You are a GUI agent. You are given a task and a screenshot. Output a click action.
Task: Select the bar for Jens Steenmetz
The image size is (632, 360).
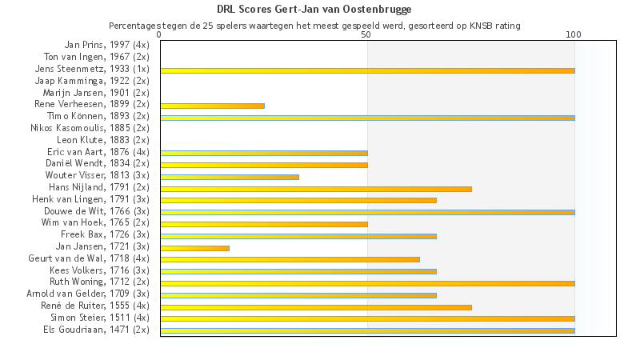tap(367, 70)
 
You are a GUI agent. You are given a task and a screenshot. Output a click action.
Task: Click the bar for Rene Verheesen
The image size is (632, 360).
tap(212, 106)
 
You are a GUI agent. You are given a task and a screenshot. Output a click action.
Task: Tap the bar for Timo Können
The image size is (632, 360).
tap(367, 118)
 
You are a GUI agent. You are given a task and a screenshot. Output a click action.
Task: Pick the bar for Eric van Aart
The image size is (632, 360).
tap(264, 153)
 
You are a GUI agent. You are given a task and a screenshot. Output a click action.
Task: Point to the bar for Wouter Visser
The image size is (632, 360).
tap(230, 177)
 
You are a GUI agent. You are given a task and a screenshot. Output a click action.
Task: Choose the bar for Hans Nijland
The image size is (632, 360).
tap(316, 189)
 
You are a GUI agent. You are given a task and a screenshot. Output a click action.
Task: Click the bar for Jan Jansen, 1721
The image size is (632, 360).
tap(194, 248)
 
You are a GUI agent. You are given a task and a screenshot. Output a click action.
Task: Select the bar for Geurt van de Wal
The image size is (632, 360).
tap(290, 259)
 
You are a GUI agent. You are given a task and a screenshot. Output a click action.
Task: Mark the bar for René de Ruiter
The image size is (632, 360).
tap(316, 306)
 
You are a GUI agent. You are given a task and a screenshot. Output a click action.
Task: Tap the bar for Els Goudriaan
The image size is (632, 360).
tap(367, 330)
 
